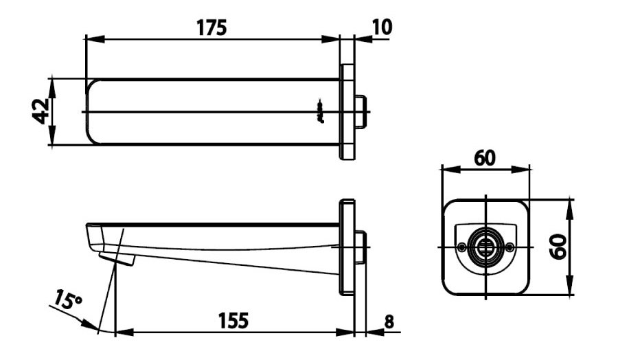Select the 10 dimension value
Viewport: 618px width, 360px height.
382,27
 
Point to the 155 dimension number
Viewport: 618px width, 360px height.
233,320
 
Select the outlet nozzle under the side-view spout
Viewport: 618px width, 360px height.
116,258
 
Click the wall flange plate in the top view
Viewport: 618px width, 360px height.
347,111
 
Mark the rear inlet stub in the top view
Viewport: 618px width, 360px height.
361,112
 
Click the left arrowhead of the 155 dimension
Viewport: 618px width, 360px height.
121,332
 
